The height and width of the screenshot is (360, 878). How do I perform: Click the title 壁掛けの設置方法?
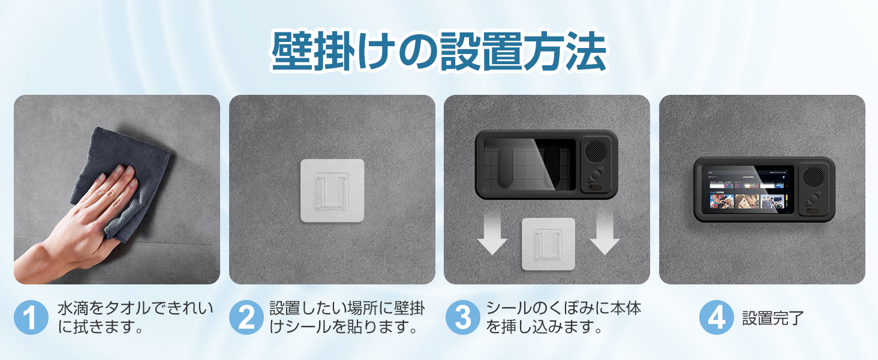coord(438,53)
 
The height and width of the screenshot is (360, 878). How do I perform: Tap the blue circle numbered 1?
coord(31,317)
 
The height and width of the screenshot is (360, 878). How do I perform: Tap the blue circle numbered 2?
coord(246,317)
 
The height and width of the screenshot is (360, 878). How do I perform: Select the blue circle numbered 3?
coord(462,317)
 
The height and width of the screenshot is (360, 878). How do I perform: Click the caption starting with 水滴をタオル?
coord(135,318)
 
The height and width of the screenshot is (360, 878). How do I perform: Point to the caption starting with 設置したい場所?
coord(347,318)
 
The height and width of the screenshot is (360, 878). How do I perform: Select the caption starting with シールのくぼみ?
coord(563,318)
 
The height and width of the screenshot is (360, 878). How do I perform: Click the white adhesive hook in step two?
coord(332,190)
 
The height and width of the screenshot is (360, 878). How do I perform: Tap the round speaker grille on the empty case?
coord(597,151)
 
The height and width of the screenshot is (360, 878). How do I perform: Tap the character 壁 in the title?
coord(293,53)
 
